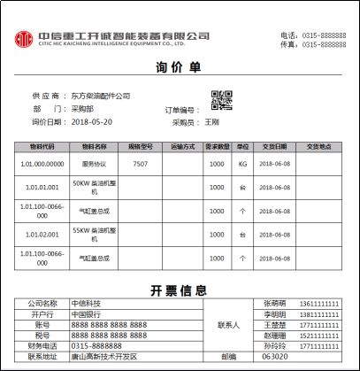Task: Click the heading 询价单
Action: [x=180, y=69]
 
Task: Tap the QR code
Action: [x=221, y=100]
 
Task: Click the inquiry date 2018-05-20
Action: [x=92, y=121]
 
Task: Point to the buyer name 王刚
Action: [x=212, y=122]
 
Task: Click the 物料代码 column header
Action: [x=42, y=146]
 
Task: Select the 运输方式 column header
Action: [x=182, y=146]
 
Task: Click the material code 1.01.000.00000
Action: [x=42, y=164]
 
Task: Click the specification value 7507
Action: [x=140, y=164]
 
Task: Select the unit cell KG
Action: [x=242, y=164]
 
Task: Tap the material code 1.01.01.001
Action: [x=42, y=188]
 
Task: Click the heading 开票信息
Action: [x=180, y=290]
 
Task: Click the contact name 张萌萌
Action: [x=276, y=303]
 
